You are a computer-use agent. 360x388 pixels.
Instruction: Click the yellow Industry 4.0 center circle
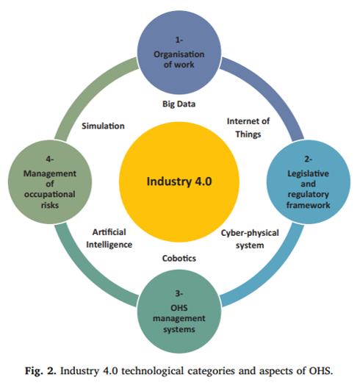(x=179, y=182)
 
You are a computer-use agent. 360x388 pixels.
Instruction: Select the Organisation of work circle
(x=179, y=52)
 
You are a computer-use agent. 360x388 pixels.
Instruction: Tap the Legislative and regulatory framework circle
(x=309, y=182)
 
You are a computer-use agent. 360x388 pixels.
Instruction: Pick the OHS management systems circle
(x=179, y=312)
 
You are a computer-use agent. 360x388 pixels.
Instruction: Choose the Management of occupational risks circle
(x=50, y=182)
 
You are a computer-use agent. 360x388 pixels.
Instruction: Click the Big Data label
(x=179, y=104)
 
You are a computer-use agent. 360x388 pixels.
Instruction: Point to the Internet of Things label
(x=248, y=128)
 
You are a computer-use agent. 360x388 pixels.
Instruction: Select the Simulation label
(x=103, y=126)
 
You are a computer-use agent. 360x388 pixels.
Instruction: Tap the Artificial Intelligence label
(x=109, y=238)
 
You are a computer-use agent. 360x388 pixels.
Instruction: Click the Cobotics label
(x=179, y=259)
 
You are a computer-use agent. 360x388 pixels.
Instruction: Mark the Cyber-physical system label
(x=250, y=239)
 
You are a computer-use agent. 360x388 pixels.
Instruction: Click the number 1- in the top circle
(x=179, y=40)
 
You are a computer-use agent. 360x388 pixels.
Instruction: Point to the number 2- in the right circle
(x=308, y=159)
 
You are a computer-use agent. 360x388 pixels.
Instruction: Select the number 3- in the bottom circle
(x=179, y=293)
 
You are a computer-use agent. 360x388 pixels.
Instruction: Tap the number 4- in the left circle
(x=50, y=159)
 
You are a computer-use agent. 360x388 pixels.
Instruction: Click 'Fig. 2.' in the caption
(x=40, y=371)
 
